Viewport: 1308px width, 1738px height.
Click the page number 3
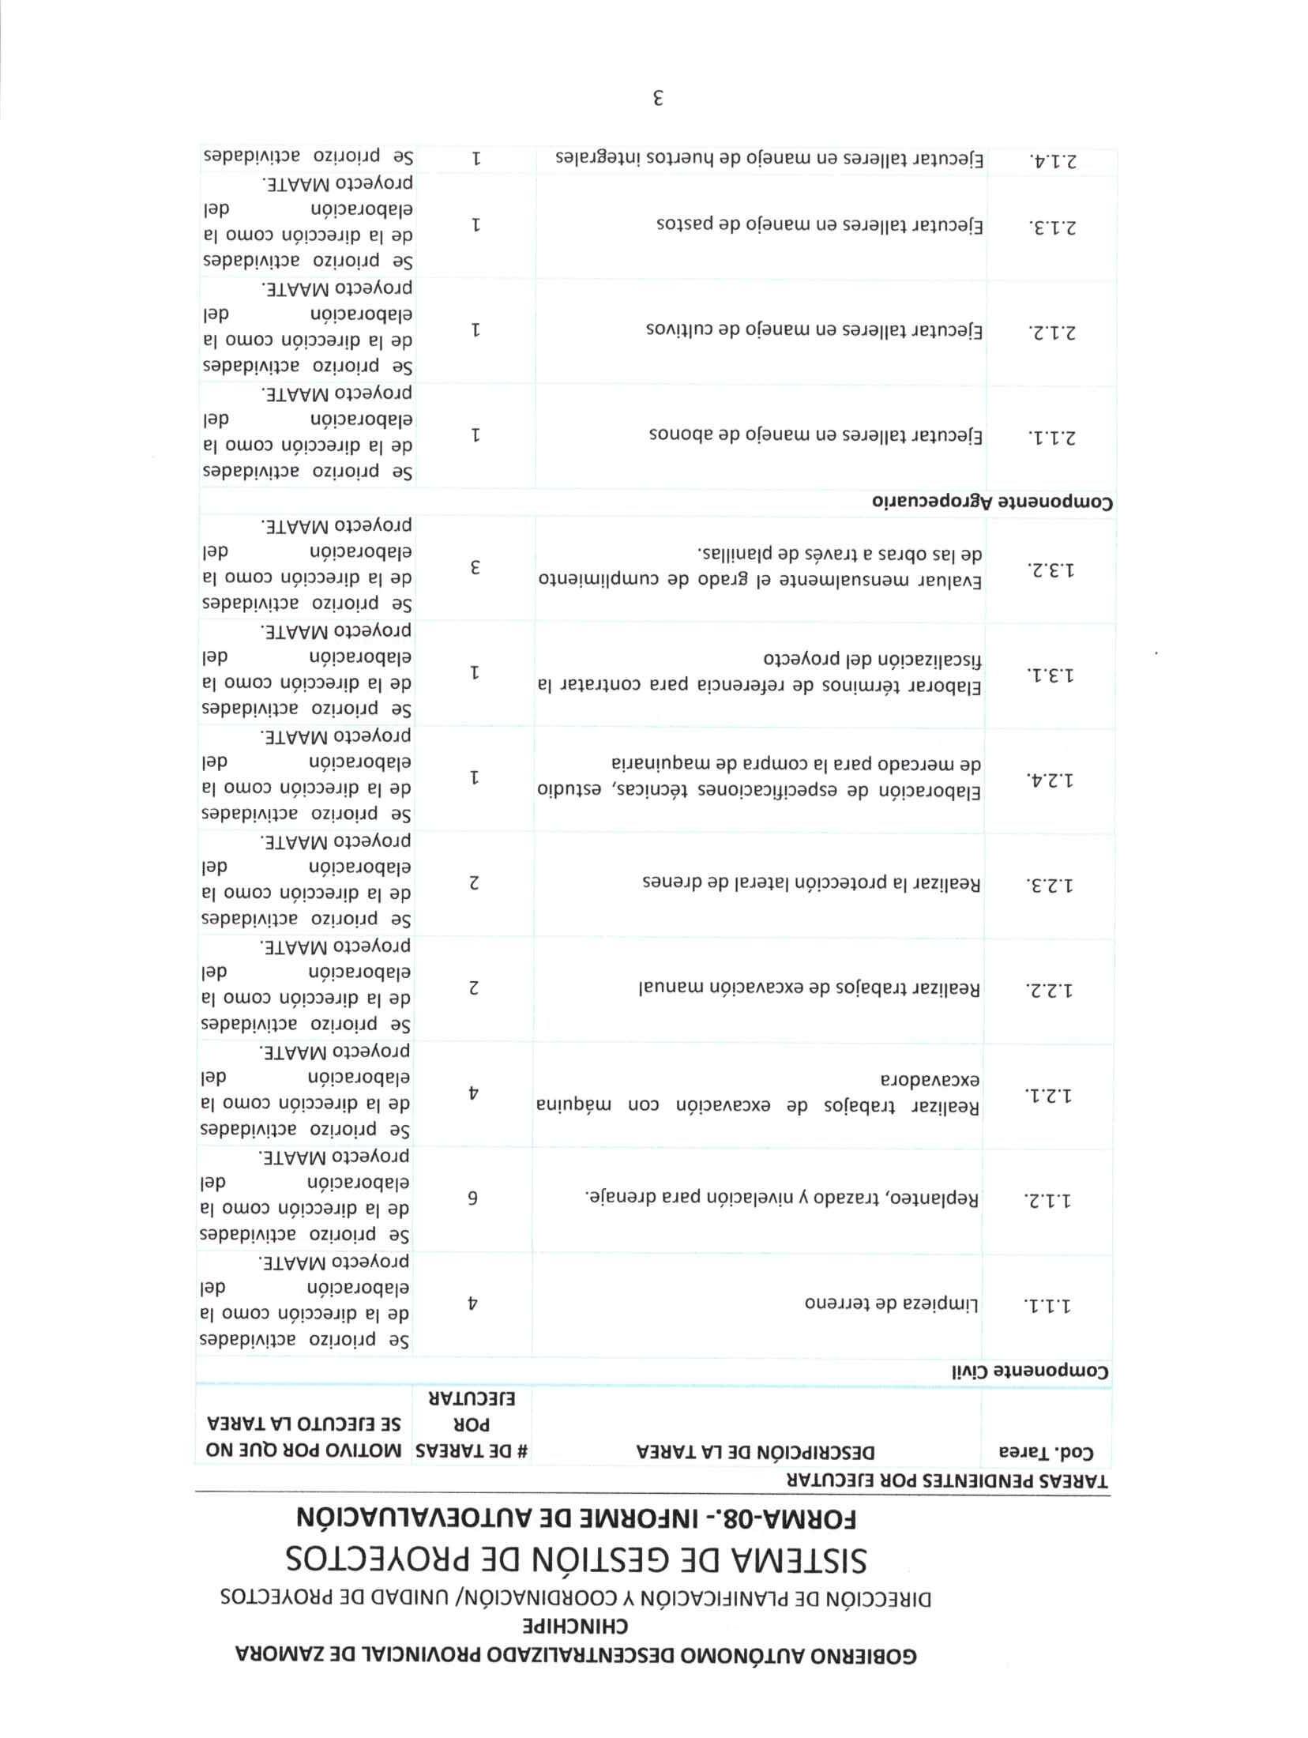point(657,99)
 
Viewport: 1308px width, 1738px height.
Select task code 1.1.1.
point(1050,1304)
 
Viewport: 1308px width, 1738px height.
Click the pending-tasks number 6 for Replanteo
point(475,1198)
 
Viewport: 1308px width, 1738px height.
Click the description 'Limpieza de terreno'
point(893,1303)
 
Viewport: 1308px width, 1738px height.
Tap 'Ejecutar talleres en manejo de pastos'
point(820,226)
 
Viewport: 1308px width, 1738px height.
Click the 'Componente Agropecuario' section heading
point(992,502)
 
